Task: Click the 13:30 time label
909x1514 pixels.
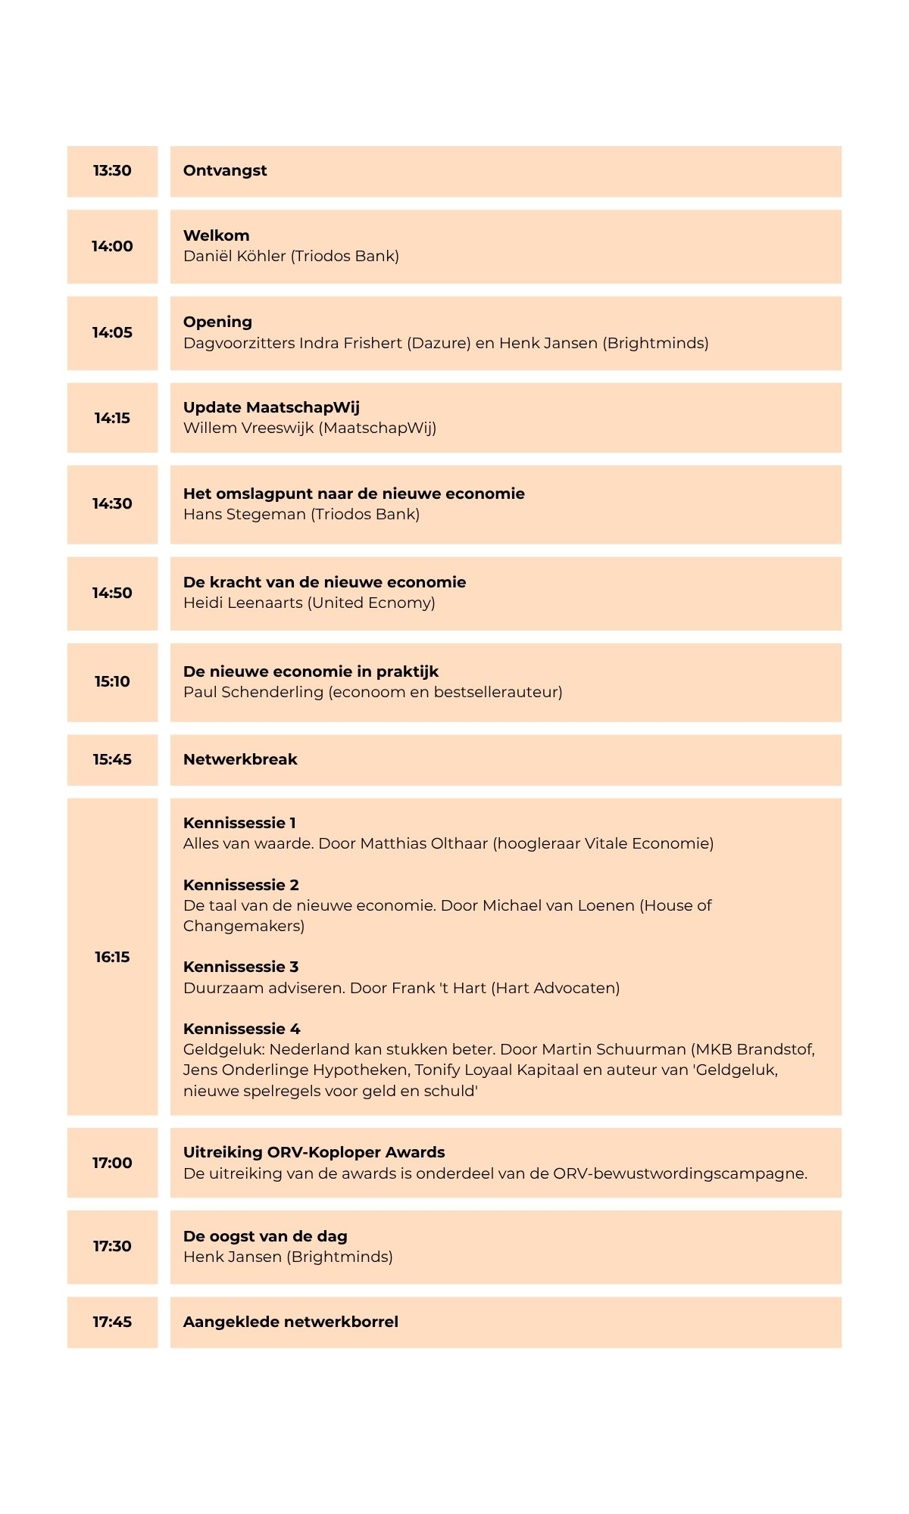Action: click(x=112, y=171)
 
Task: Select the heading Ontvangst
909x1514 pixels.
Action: click(x=225, y=171)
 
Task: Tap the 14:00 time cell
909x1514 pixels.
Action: click(x=112, y=247)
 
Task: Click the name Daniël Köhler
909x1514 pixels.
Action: click(x=234, y=257)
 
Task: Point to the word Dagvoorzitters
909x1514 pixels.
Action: click(x=239, y=344)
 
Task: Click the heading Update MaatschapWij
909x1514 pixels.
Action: click(x=271, y=408)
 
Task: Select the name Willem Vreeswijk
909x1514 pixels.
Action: click(x=248, y=428)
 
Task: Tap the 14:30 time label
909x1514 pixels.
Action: click(x=112, y=504)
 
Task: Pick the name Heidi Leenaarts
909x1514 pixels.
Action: click(x=242, y=603)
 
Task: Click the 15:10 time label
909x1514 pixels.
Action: click(x=112, y=682)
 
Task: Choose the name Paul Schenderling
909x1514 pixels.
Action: click(x=253, y=693)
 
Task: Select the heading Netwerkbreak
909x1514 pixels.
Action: click(x=240, y=760)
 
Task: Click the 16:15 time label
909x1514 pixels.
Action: click(x=112, y=958)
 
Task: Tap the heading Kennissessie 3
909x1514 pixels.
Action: click(x=241, y=967)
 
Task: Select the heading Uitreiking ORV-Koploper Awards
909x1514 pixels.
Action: click(x=314, y=1153)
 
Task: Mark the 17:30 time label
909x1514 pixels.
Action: click(x=112, y=1247)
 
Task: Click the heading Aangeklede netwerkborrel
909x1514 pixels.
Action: click(x=290, y=1322)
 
